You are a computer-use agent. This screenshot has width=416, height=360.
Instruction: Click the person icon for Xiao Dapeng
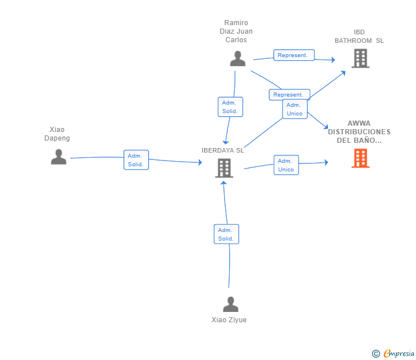[x=59, y=157]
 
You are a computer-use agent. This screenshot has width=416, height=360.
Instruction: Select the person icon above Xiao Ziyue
[x=230, y=304]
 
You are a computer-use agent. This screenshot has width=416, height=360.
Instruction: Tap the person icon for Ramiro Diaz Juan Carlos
[x=238, y=58]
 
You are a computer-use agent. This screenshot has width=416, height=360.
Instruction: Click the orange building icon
[x=360, y=158]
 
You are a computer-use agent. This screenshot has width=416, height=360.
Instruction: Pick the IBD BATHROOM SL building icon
[x=361, y=58]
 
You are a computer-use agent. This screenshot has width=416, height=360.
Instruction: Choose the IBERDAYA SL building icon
[x=224, y=168]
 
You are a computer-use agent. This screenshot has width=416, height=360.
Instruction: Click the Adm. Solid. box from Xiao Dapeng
[x=136, y=159]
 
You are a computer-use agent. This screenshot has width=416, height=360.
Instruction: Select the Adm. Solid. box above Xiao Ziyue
[x=226, y=234]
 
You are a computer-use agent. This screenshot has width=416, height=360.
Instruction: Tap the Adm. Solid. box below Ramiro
[x=230, y=107]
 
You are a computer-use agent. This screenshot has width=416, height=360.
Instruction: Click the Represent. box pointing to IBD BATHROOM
[x=294, y=55]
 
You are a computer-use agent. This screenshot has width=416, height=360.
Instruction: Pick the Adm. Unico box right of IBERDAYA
[x=286, y=165]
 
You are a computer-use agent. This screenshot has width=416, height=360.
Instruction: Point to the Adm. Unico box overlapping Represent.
[x=295, y=109]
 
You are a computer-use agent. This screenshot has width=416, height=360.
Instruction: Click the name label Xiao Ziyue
[x=229, y=319]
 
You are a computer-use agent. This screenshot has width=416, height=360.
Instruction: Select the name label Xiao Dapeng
[x=57, y=134]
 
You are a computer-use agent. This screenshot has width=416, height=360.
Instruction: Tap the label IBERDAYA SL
[x=223, y=150]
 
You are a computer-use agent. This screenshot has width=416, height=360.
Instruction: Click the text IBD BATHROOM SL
[x=359, y=37]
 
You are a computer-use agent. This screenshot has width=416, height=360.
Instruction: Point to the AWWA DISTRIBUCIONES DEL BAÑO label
[x=359, y=132]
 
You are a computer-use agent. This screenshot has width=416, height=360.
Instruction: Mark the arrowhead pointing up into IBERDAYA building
[x=223, y=183]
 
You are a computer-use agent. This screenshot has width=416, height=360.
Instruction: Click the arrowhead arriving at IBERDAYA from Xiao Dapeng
[x=200, y=162]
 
